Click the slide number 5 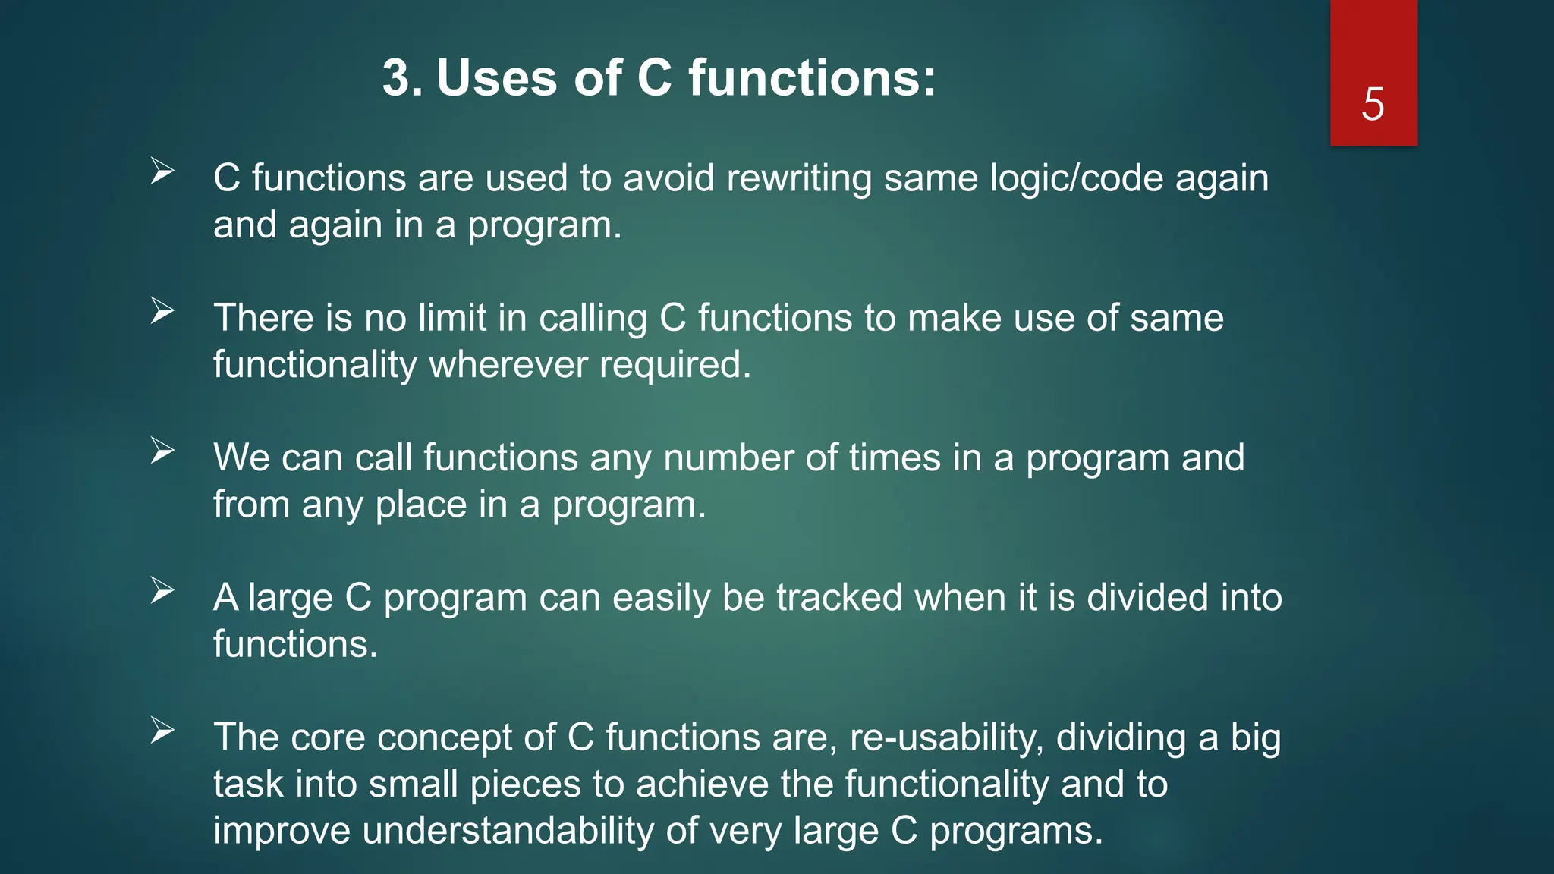pos(1373,104)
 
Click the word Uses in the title pos(496,78)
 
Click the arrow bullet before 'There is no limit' pos(162,310)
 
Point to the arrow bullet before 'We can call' pos(162,451)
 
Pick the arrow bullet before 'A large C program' pos(162,590)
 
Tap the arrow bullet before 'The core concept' pos(162,730)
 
